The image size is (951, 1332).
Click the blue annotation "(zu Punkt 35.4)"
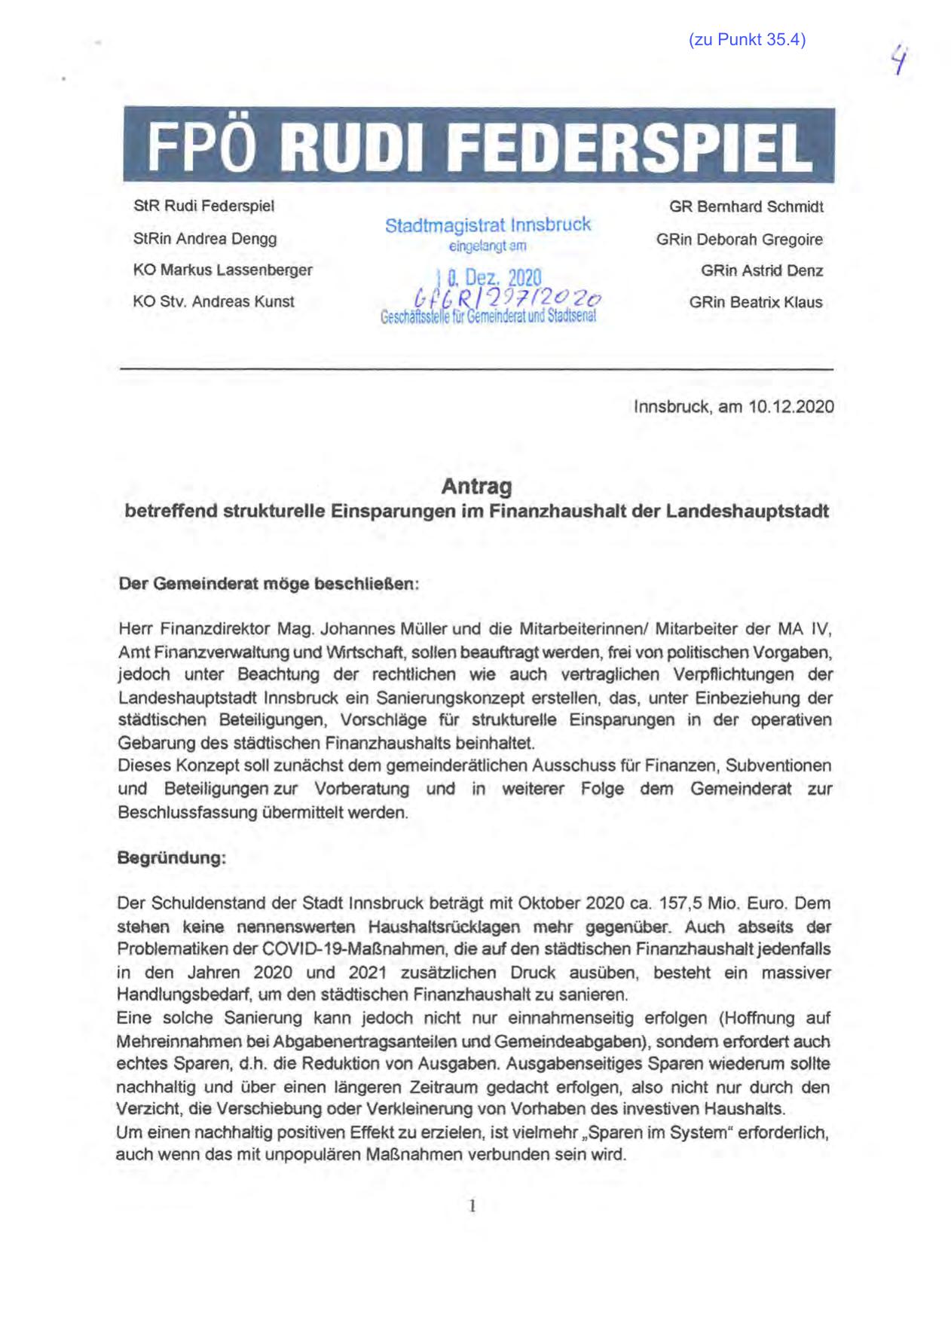click(x=746, y=41)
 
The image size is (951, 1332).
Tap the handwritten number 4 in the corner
click(x=897, y=60)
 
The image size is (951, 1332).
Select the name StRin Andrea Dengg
click(x=205, y=239)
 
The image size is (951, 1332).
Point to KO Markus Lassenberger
click(x=222, y=270)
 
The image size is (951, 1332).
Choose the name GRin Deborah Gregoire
click(x=738, y=240)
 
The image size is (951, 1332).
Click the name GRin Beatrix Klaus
click(x=755, y=302)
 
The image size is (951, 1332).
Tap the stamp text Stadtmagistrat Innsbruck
click(x=488, y=225)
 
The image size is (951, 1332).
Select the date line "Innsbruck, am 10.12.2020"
click(x=733, y=407)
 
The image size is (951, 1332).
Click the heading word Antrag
click(x=476, y=487)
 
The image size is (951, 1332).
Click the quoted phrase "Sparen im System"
click(x=664, y=1132)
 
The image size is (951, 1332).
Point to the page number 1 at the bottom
click(x=472, y=1206)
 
